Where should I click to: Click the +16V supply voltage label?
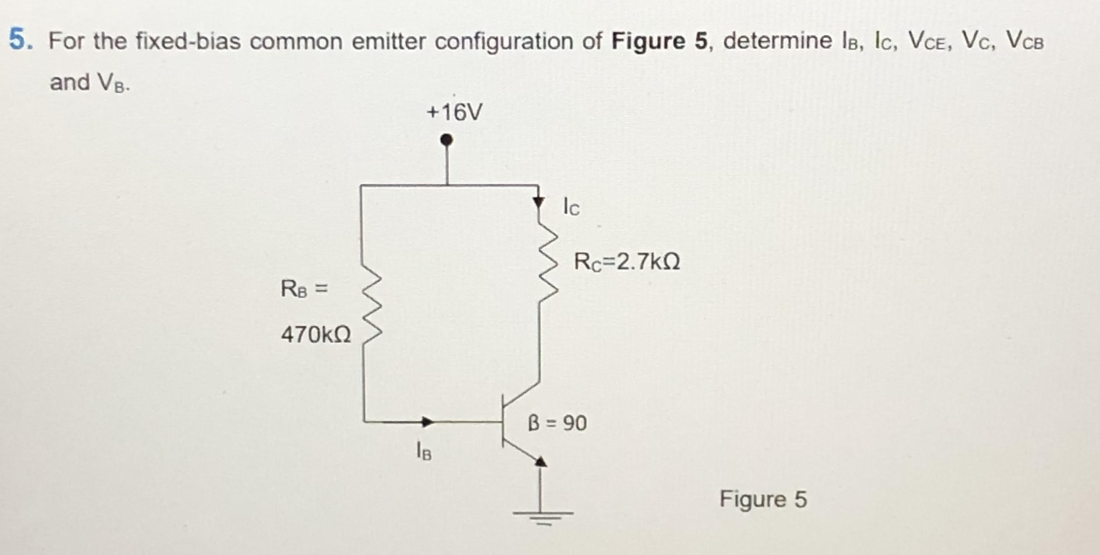[455, 112]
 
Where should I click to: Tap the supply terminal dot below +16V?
[446, 140]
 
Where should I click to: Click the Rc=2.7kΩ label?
[627, 262]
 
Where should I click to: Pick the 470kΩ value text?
[316, 335]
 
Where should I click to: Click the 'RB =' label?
[304, 289]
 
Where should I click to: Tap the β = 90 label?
[557, 423]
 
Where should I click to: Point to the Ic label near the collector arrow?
[571, 206]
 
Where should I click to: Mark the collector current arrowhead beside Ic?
[538, 202]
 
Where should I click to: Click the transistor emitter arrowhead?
[540, 461]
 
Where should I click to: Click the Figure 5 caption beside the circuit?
[763, 499]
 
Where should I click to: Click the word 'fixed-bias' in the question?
[188, 41]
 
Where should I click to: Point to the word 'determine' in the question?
[777, 41]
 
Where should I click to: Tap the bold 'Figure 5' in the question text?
[659, 41]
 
